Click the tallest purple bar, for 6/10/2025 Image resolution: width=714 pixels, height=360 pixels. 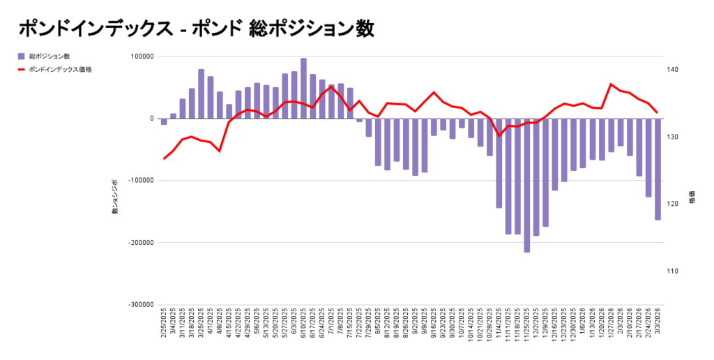point(303,89)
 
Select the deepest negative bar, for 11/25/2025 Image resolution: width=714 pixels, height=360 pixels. point(527,185)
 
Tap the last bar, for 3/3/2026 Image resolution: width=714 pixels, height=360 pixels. point(658,169)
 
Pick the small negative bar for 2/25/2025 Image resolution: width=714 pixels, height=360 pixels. point(164,121)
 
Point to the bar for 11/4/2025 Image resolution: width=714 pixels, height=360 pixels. point(499,163)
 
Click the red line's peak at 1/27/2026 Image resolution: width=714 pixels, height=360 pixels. point(612,84)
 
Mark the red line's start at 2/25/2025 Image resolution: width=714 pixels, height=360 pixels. point(164,159)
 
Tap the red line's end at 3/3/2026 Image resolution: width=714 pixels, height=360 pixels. point(658,112)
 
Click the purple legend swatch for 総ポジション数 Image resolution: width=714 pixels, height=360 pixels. point(22,56)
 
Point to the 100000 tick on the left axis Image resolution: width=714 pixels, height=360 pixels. point(142,57)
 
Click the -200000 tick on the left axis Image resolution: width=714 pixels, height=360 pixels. point(140,243)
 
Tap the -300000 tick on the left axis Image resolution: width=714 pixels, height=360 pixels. point(140,305)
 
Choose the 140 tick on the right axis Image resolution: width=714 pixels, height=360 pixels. point(674,70)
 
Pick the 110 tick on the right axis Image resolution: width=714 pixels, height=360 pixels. point(674,271)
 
